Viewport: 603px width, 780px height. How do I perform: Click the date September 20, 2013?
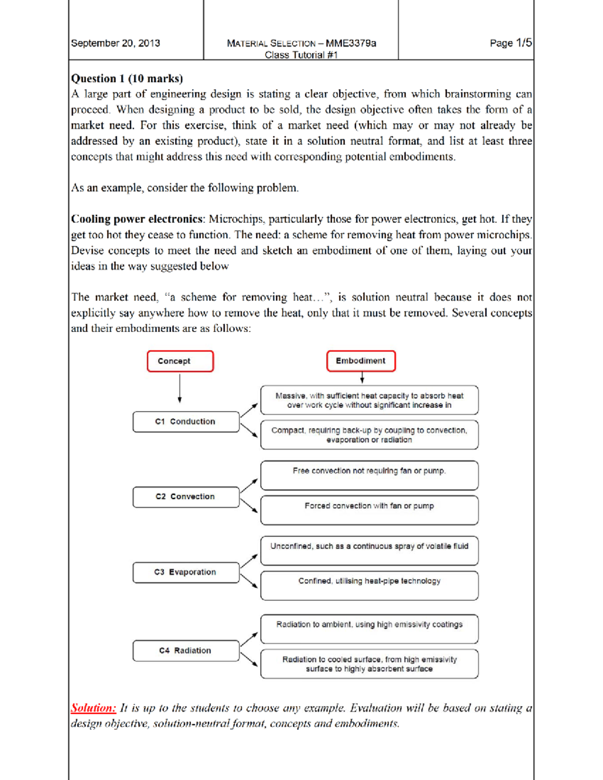116,43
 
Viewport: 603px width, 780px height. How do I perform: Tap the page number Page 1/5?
511,43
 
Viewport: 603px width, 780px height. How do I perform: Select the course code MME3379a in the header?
351,43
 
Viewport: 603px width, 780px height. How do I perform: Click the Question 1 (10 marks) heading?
127,78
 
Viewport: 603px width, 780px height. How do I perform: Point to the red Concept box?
180,361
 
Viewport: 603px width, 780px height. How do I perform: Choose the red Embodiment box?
361,361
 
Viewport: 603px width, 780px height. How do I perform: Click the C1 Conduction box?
185,422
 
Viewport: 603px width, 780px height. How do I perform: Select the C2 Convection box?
185,497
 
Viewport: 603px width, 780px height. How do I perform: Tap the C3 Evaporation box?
185,572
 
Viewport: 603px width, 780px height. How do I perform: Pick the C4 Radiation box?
185,650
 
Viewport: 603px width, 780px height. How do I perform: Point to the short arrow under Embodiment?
362,378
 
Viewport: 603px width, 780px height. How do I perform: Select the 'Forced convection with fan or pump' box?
369,510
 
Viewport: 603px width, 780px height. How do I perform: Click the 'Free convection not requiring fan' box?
369,475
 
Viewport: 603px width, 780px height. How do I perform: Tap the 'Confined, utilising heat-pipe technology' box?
369,585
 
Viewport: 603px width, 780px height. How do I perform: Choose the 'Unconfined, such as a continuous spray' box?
369,550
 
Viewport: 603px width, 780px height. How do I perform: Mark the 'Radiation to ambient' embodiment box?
369,628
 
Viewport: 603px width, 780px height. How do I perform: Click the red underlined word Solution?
93,708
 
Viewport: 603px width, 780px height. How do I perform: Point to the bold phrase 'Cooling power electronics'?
137,219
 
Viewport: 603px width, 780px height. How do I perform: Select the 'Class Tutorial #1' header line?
301,55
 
